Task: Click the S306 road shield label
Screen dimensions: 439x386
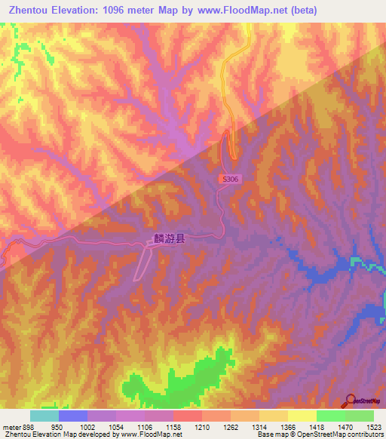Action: pos(232,179)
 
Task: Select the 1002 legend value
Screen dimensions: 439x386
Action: pos(87,427)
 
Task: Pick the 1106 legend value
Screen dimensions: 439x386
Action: pos(145,427)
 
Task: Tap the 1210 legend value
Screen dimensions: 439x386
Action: pos(202,427)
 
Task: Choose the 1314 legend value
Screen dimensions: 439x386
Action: pos(259,427)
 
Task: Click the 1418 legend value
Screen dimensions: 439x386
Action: pos(317,427)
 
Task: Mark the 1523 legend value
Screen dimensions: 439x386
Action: pos(374,427)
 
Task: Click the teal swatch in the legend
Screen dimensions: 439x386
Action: pos(44,416)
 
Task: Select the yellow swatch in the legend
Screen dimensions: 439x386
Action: pos(302,416)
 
